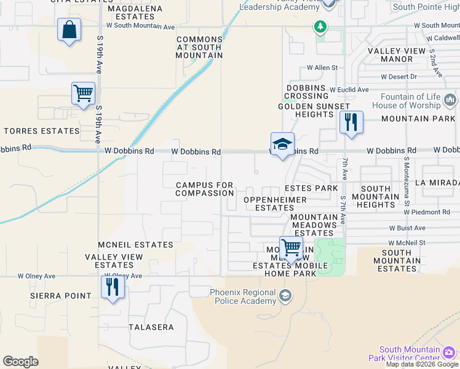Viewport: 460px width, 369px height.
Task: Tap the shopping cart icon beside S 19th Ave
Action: pyautogui.click(x=83, y=93)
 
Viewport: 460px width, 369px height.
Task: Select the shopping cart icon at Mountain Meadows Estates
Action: pyautogui.click(x=291, y=248)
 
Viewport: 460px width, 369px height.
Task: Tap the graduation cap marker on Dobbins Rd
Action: pyautogui.click(x=282, y=144)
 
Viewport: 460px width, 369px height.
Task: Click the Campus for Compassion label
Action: pyautogui.click(x=205, y=189)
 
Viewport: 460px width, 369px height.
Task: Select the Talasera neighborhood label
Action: pyautogui.click(x=151, y=327)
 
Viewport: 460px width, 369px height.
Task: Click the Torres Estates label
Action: pyautogui.click(x=42, y=131)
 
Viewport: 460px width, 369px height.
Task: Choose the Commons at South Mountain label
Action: pyautogui.click(x=199, y=47)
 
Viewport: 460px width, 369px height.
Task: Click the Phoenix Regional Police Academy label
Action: pyautogui.click(x=243, y=296)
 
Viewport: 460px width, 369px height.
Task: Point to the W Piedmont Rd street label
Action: pyautogui.click(x=427, y=212)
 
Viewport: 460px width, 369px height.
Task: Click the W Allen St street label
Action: pyautogui.click(x=322, y=68)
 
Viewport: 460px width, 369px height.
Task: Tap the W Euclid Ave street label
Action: pyautogui.click(x=349, y=90)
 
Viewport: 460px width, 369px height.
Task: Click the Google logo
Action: pyautogui.click(x=20, y=362)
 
